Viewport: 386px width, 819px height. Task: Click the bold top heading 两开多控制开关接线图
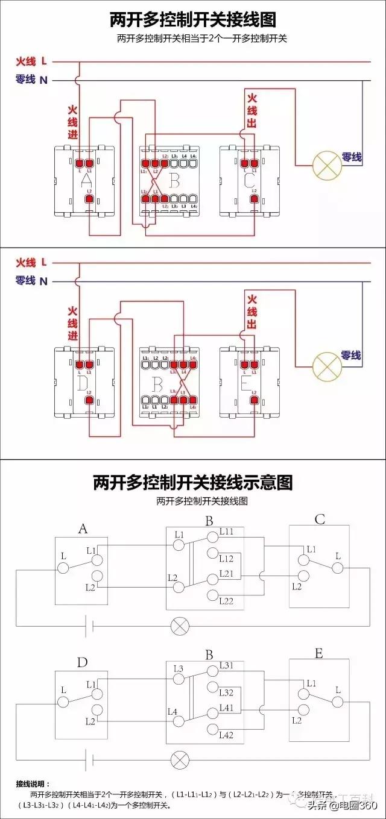pos(193,20)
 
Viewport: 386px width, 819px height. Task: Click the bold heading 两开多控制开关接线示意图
pos(193,483)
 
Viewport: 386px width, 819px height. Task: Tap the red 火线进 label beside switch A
pos(72,122)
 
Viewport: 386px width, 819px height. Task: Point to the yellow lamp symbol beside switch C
pos(326,165)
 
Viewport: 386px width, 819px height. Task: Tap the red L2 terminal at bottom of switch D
pos(89,400)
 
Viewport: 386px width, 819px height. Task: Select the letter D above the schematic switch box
pos(83,663)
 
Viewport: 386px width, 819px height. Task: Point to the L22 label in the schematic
pos(227,601)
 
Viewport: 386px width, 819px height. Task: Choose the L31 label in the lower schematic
pos(227,665)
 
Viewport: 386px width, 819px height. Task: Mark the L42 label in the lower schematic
pos(227,735)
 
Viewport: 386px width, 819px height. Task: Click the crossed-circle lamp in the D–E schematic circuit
pos(179,759)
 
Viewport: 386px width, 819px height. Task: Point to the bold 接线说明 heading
pos(34,784)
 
